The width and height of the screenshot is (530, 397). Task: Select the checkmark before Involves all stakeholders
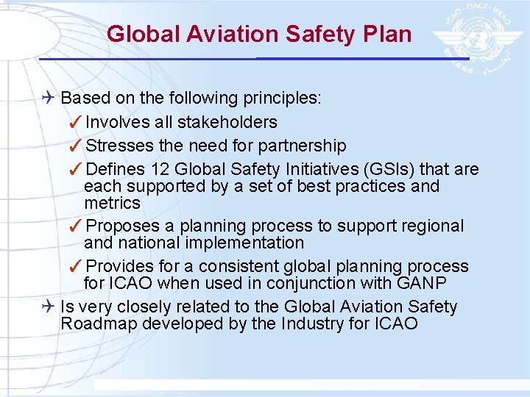point(76,122)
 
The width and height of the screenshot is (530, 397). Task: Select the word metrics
point(112,203)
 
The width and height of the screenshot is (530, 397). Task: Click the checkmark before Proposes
point(76,226)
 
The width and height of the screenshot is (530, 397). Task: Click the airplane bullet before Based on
point(48,99)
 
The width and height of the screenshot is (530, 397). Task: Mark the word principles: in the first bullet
point(283,99)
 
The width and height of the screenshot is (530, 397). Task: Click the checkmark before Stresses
point(76,146)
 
